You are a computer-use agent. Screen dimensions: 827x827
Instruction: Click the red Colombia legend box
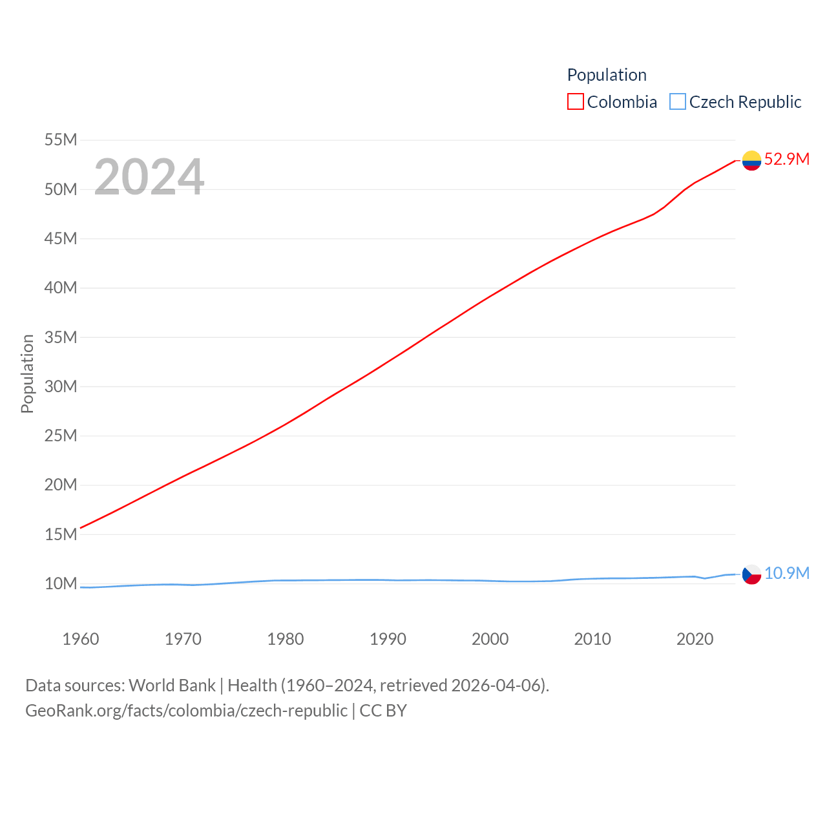coord(575,102)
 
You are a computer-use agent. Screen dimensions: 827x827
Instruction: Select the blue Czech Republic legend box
coord(677,102)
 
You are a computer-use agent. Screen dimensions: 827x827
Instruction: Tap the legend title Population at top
coord(607,75)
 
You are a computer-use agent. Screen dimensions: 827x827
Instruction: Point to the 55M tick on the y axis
coord(61,140)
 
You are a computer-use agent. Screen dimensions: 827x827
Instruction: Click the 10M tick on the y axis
coord(61,583)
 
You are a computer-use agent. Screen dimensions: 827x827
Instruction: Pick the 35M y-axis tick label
coord(61,337)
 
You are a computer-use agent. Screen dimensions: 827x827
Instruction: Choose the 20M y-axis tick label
coord(61,485)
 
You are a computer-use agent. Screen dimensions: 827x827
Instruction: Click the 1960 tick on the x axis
coord(81,639)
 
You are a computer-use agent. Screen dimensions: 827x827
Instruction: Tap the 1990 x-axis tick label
coord(388,639)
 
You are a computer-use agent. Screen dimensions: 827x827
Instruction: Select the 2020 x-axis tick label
coord(695,639)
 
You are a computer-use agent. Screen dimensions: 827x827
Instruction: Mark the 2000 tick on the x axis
coord(490,639)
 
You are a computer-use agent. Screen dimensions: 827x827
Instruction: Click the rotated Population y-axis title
coord(27,373)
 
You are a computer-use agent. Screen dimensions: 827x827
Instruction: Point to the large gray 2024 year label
coord(149,177)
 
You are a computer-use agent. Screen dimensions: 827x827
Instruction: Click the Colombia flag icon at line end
coord(751,160)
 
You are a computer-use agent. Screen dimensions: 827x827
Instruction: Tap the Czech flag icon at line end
coord(751,574)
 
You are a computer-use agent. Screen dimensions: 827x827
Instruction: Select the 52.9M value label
coord(786,159)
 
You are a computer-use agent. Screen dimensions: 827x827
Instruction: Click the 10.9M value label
coord(786,573)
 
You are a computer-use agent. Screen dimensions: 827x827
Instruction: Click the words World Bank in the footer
coord(172,685)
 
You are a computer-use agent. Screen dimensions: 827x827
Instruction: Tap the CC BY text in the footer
coord(383,711)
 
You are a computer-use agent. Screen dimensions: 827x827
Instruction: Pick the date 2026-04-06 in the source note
coord(498,685)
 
